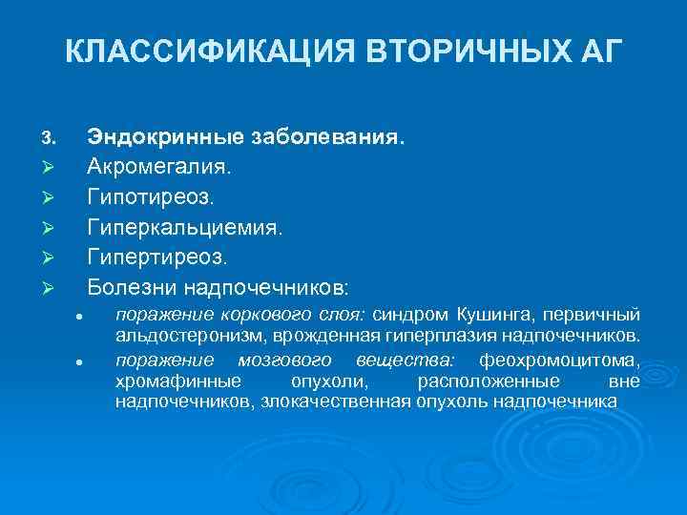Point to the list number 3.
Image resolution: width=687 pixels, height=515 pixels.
pos(49,138)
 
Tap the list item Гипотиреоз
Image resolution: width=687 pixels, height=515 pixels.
pos(151,197)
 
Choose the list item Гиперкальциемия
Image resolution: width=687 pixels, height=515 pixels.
pos(185,227)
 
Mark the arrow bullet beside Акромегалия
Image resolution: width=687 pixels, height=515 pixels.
pos(49,168)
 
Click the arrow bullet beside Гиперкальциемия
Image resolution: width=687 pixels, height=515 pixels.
pos(49,228)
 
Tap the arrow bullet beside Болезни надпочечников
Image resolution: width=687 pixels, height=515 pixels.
pos(49,287)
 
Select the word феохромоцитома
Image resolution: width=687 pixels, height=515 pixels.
pos(559,360)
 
